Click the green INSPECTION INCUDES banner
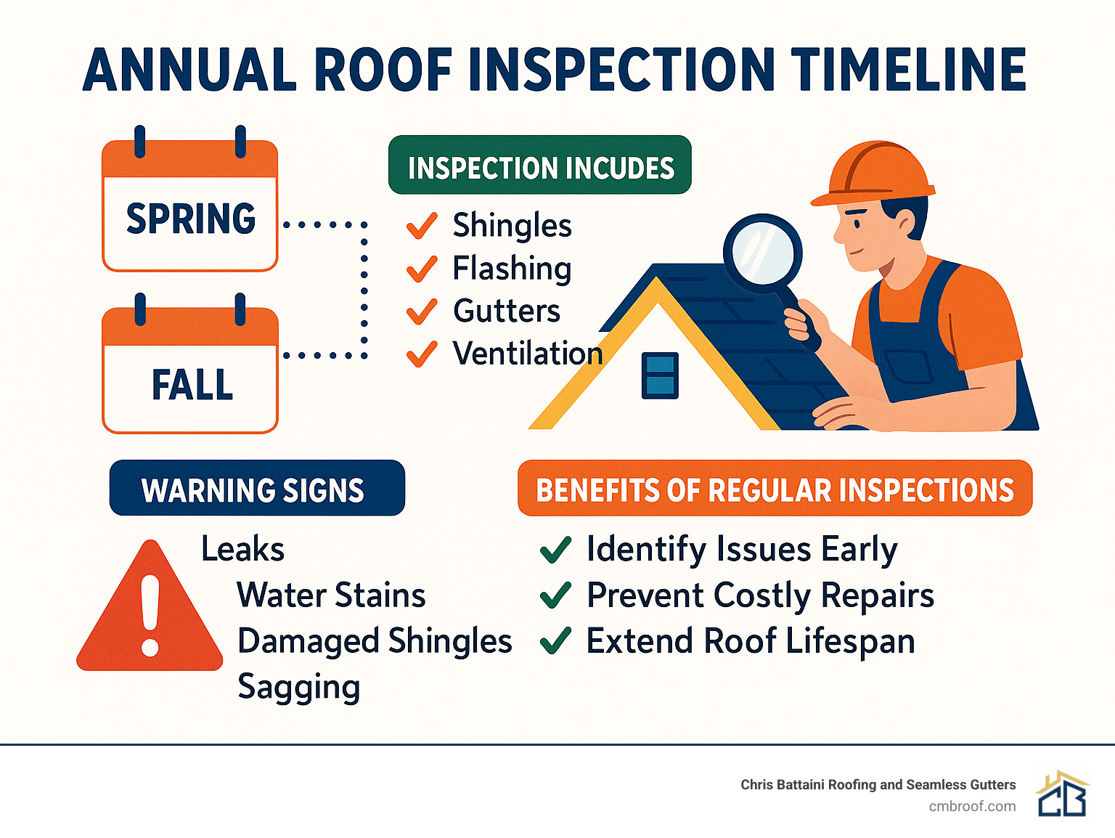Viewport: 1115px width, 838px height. tap(540, 166)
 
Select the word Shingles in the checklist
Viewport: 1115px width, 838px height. tap(512, 226)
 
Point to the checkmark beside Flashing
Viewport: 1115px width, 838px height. tap(422, 269)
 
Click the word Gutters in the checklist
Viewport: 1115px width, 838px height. tap(507, 312)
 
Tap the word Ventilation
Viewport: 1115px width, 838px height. tap(528, 354)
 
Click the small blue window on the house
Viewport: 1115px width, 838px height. tap(660, 375)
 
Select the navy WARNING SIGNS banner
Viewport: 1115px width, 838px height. tap(257, 489)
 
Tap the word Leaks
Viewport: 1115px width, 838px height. tap(242, 549)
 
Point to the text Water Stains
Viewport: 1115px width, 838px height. tap(331, 595)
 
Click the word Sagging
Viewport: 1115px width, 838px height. tap(298, 687)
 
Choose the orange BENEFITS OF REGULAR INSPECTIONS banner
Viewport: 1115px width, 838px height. tap(775, 489)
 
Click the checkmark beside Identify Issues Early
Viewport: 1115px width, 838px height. tap(556, 550)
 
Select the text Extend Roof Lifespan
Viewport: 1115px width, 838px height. tap(751, 642)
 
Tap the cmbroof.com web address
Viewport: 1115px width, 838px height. tap(972, 807)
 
